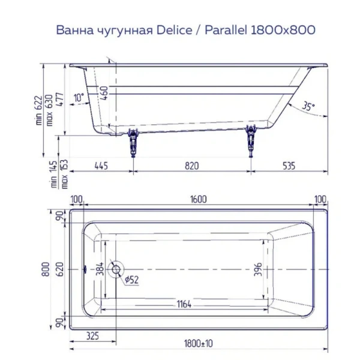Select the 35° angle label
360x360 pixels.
(x=308, y=106)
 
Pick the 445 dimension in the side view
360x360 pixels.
(x=100, y=166)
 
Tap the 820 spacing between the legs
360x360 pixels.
(x=191, y=166)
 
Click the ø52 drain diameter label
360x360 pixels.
(x=133, y=279)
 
